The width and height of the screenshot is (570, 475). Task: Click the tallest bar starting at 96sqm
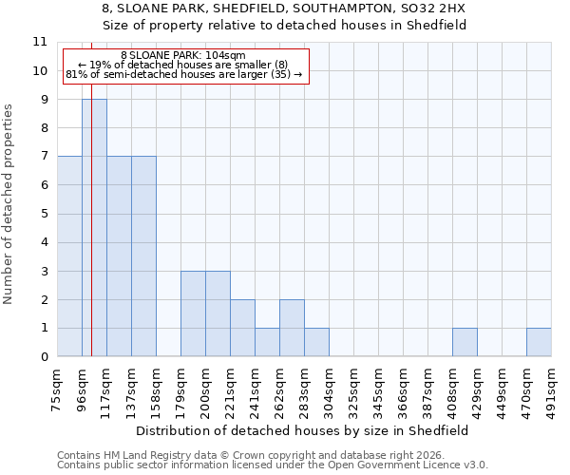click(94, 228)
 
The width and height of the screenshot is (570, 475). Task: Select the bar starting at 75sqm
click(69, 256)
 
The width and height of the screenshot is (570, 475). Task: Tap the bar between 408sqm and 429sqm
click(465, 343)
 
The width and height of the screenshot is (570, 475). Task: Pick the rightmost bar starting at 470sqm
click(539, 343)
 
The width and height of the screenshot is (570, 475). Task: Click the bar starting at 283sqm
click(316, 343)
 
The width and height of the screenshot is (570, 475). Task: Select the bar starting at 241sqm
click(267, 343)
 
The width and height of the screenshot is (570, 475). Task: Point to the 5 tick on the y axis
click(44, 214)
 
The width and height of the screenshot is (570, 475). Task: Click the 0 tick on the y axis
click(44, 357)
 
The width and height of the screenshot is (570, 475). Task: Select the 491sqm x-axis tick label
click(551, 389)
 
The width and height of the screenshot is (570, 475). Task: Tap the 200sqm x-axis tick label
click(206, 389)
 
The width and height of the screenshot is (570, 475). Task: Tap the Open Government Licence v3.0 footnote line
click(273, 465)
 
